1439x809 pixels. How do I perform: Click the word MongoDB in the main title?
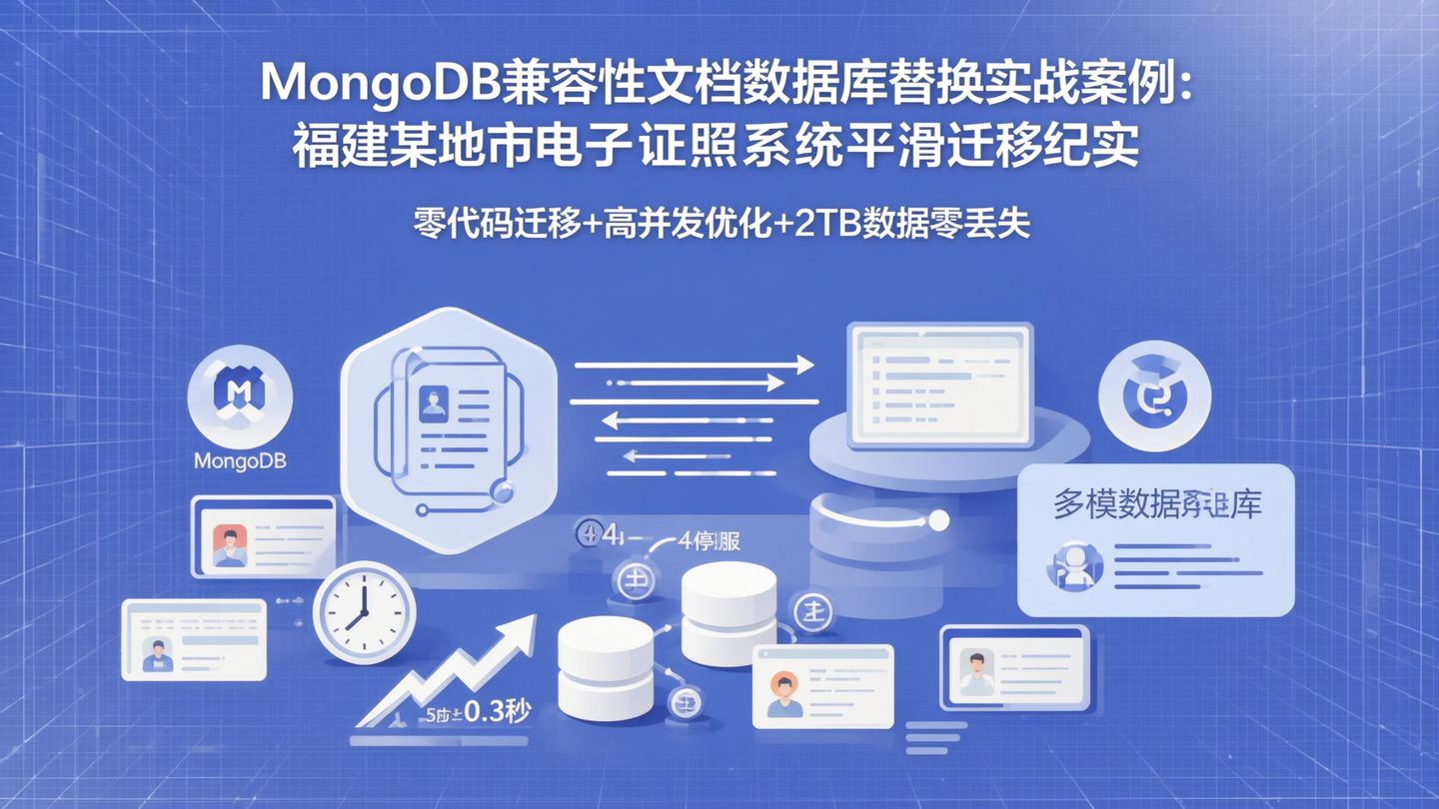(x=380, y=83)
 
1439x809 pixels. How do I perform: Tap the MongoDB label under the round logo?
(x=240, y=461)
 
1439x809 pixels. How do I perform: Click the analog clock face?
(x=364, y=612)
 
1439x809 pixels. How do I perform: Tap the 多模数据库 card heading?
(x=1156, y=503)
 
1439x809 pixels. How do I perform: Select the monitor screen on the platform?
(x=939, y=385)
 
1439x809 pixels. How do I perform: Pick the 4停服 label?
(x=710, y=542)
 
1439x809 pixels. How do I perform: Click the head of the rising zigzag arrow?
(x=520, y=629)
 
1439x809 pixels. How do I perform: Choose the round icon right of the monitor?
(x=1154, y=396)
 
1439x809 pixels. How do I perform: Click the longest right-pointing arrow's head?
(x=803, y=366)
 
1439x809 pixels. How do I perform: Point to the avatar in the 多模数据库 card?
(x=1074, y=566)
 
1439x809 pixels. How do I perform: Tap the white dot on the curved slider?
(x=938, y=520)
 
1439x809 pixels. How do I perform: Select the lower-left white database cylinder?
(x=605, y=667)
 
